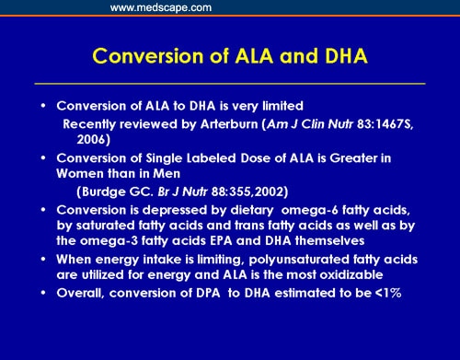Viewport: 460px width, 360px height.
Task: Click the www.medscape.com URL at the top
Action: click(161, 7)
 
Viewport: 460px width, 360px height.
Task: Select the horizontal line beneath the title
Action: click(230, 84)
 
